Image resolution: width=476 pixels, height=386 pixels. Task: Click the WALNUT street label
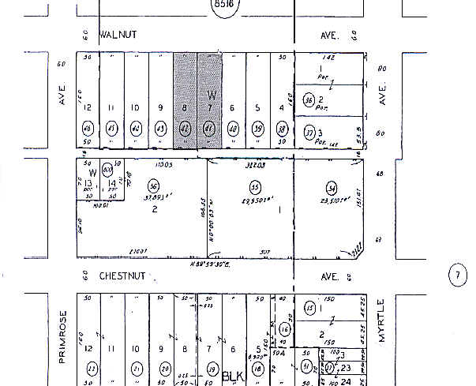tap(119, 36)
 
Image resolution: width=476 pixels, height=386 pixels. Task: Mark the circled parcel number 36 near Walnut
tap(310, 99)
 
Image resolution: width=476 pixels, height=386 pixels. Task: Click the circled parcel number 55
tap(255, 188)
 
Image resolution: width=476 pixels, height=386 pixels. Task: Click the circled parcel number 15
tap(309, 308)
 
